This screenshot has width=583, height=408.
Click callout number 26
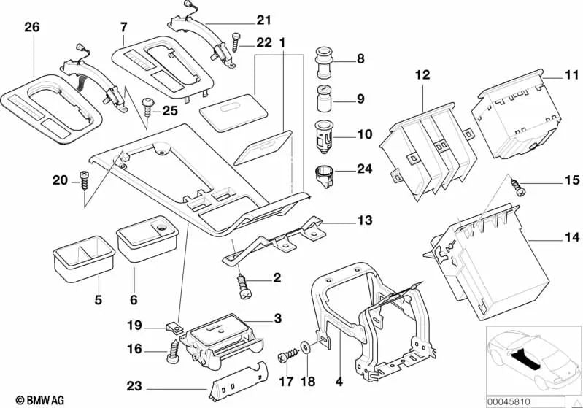[x=31, y=28]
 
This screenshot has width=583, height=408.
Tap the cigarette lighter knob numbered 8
[x=323, y=61]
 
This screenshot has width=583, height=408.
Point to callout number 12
[x=423, y=75]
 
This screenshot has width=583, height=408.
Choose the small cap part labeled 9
[x=323, y=97]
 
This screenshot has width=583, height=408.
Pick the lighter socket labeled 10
[x=323, y=136]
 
